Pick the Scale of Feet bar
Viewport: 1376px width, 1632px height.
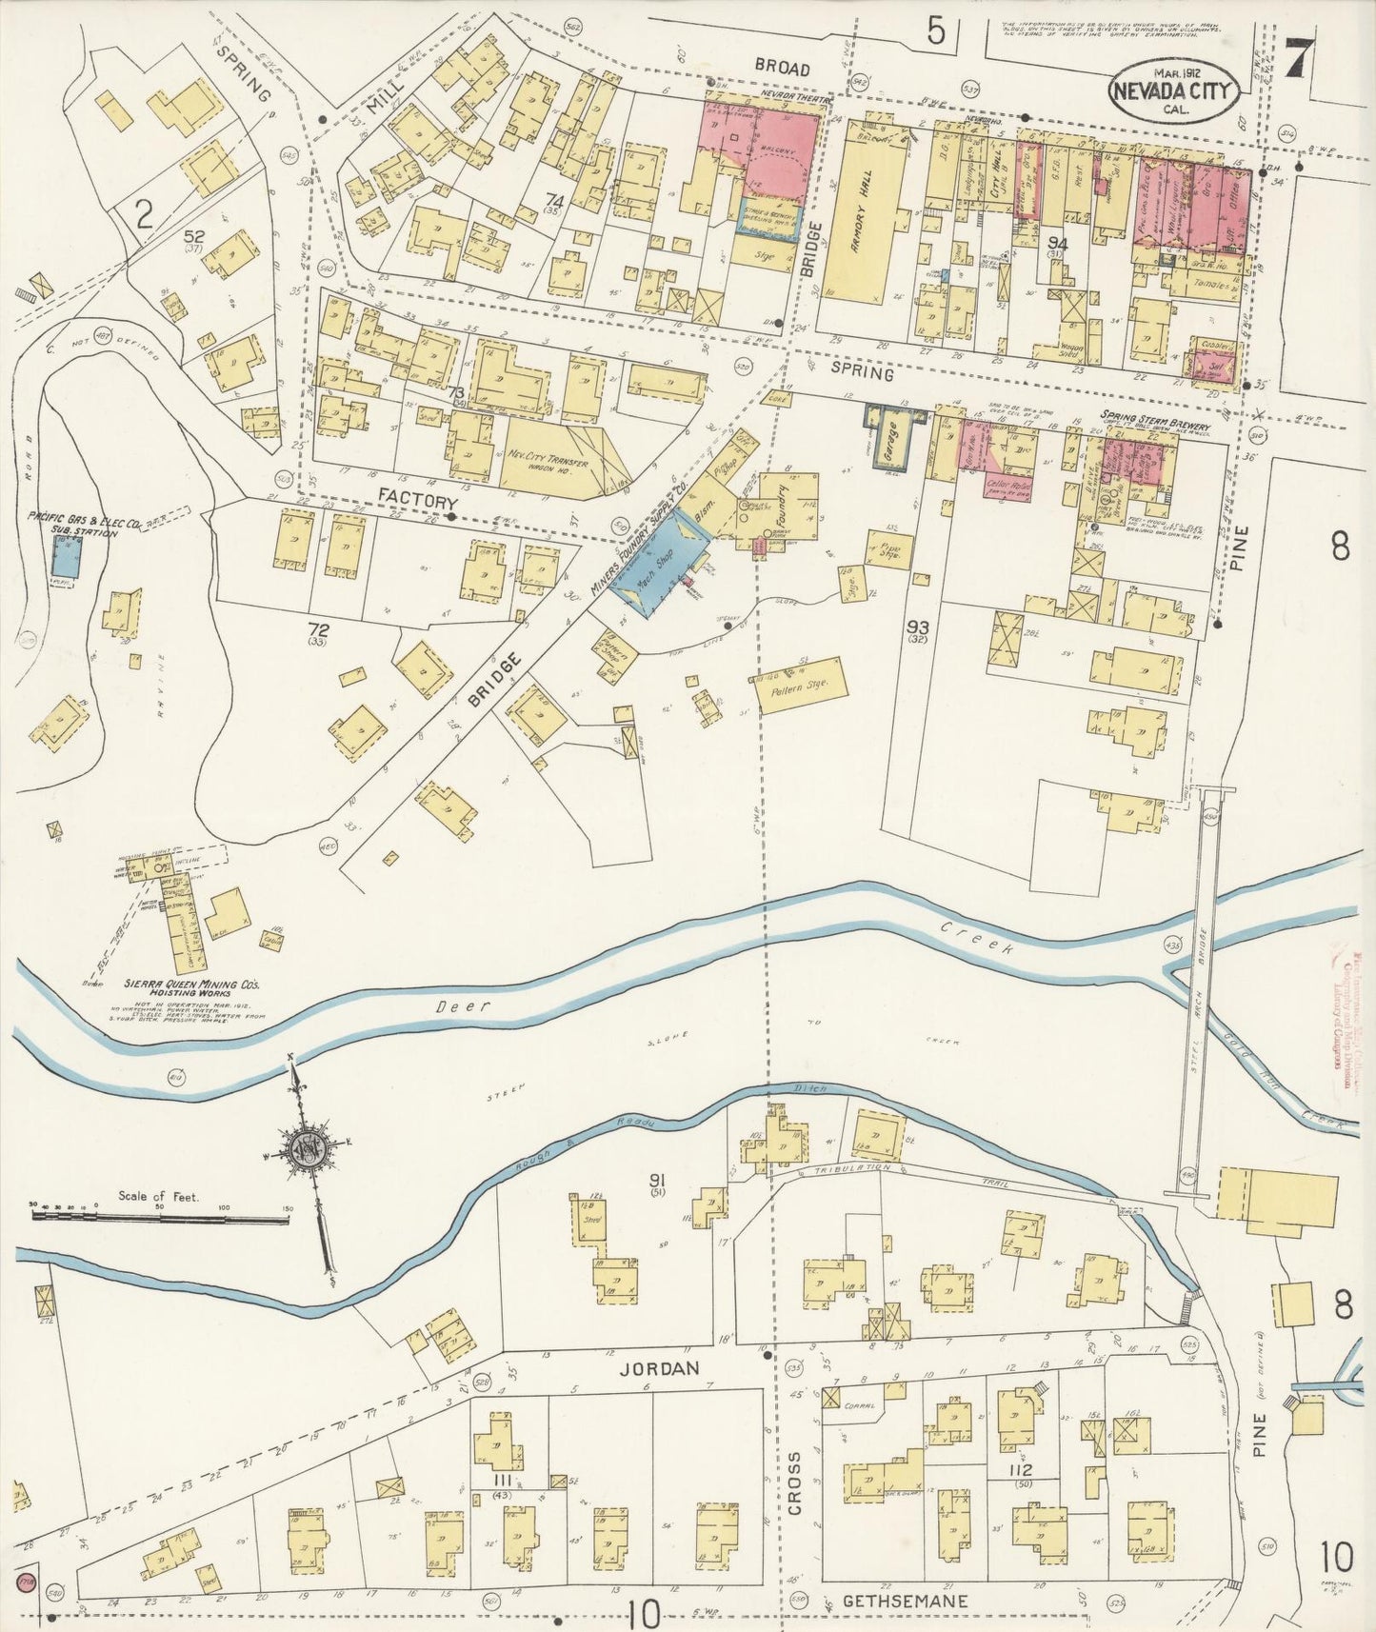point(160,1218)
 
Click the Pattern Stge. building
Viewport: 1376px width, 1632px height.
point(800,686)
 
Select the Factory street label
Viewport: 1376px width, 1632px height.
point(418,502)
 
